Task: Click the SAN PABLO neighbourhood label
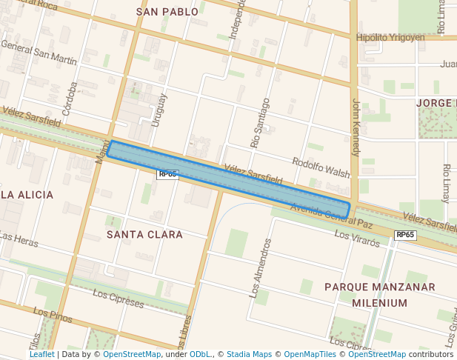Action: (x=168, y=12)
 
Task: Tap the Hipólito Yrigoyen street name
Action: (x=390, y=37)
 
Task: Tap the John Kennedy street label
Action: (x=356, y=127)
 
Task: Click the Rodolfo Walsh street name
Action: (x=321, y=167)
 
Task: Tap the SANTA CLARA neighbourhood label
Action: (x=144, y=234)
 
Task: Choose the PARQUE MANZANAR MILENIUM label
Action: (x=380, y=295)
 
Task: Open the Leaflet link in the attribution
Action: (x=41, y=354)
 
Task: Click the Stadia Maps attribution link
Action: (x=249, y=354)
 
